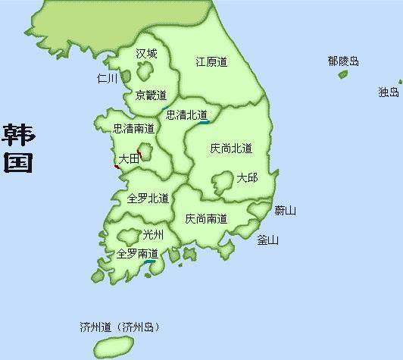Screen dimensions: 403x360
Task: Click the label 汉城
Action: pyautogui.click(x=146, y=54)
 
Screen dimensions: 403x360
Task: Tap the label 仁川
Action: pyautogui.click(x=108, y=78)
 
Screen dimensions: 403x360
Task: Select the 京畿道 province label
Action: pyautogui.click(x=151, y=95)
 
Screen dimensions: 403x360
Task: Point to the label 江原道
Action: pyautogui.click(x=211, y=61)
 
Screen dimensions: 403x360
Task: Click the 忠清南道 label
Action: pyautogui.click(x=133, y=129)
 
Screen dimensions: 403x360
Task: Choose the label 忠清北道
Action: pyautogui.click(x=186, y=115)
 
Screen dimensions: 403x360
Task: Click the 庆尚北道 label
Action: pyautogui.click(x=231, y=148)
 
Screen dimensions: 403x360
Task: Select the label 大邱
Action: pyautogui.click(x=247, y=177)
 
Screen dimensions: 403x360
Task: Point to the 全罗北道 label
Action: pyautogui.click(x=148, y=198)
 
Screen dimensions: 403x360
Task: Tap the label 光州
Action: pyautogui.click(x=153, y=235)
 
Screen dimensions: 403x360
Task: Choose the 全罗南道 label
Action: pyautogui.click(x=137, y=253)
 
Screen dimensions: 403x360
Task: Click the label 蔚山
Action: pyautogui.click(x=285, y=210)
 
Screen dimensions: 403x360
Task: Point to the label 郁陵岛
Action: pyautogui.click(x=343, y=61)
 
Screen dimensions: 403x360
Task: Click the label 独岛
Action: pyautogui.click(x=388, y=92)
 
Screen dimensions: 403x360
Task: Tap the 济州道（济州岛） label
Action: pyautogui.click(x=120, y=328)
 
